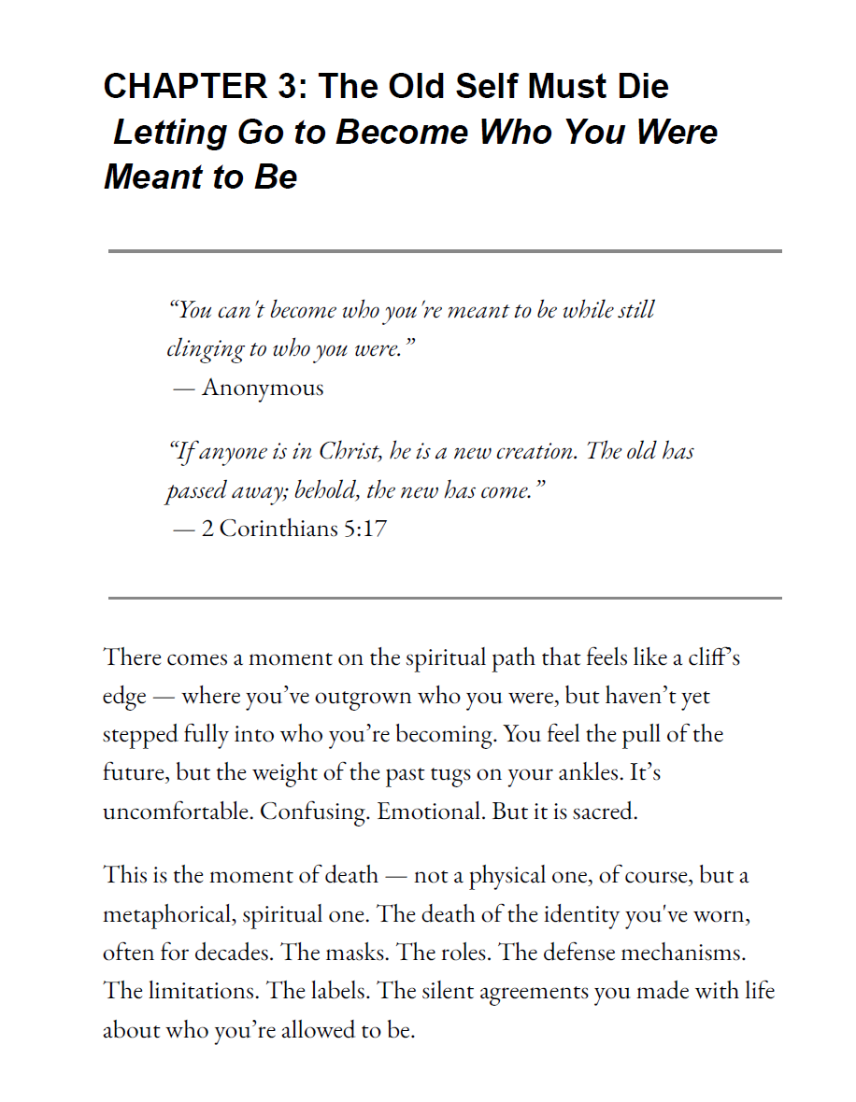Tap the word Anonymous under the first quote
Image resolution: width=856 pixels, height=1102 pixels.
[263, 388]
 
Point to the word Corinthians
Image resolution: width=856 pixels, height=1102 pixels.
[278, 529]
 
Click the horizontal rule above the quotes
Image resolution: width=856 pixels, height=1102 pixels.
[445, 251]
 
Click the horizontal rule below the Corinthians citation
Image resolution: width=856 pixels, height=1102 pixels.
[445, 598]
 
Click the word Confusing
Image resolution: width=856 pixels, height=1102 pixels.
[314, 811]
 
